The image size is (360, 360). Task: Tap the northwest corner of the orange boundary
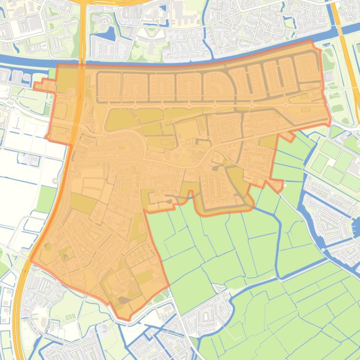57,65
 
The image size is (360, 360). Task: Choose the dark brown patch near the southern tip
123,300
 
